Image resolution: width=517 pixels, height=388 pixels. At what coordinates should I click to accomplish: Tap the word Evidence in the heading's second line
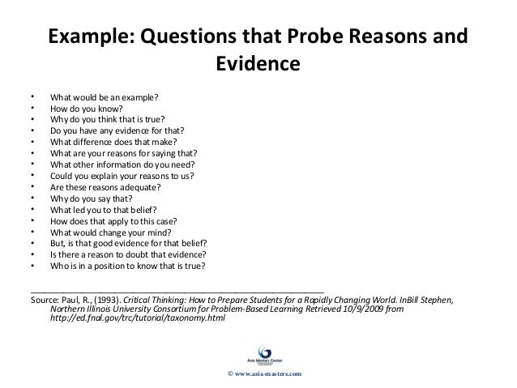click(258, 62)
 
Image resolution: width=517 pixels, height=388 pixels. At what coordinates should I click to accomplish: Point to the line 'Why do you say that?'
click(90, 197)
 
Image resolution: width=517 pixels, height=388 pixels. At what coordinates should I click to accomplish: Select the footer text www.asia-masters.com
click(263, 373)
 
